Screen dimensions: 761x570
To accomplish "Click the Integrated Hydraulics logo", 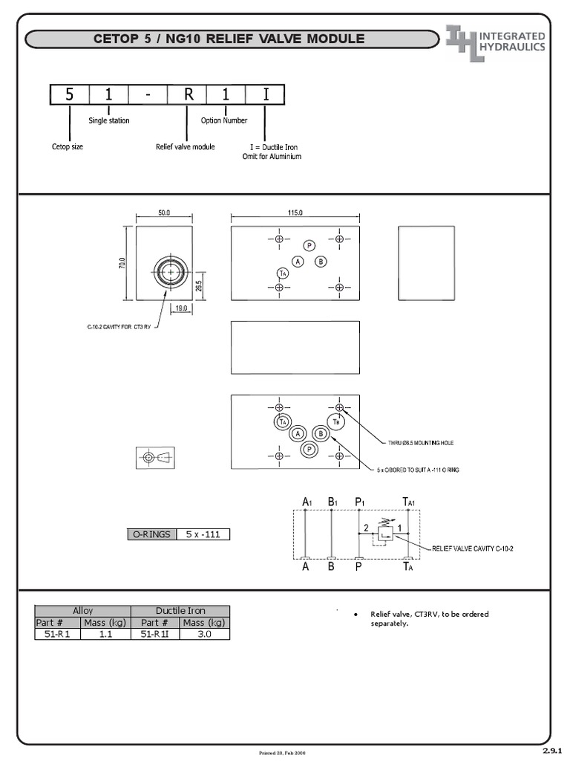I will coord(496,42).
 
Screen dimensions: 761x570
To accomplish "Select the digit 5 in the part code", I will coord(70,94).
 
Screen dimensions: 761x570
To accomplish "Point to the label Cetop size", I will coord(68,146).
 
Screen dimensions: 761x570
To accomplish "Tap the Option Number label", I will coord(224,120).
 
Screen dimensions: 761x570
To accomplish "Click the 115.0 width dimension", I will coord(295,213).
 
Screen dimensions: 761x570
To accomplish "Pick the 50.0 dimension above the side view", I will coord(164,213).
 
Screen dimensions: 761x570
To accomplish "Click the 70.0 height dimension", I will coord(123,264).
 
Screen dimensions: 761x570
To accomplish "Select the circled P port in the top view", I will coord(309,246).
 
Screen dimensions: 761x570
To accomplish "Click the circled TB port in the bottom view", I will coord(336,421).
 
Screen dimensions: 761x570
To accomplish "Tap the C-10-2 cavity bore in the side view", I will coord(171,273).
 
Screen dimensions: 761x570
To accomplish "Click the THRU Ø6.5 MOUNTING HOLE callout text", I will coord(421,442).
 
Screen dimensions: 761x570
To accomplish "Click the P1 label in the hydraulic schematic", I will coord(359,502).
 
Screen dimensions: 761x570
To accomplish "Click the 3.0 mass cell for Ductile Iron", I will coord(204,634).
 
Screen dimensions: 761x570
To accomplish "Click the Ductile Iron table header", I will coord(180,610).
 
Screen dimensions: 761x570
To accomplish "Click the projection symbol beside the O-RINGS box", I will coord(155,458).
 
